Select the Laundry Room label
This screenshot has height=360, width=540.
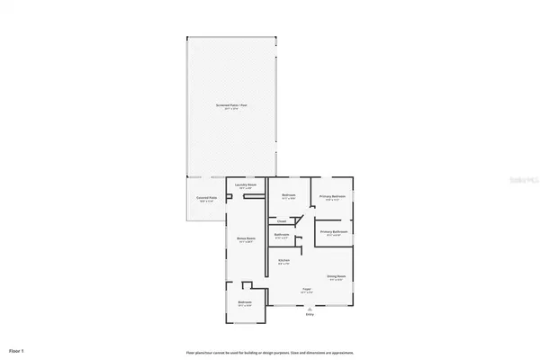247,184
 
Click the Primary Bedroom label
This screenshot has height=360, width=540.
333,195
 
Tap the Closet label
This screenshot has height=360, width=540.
282,220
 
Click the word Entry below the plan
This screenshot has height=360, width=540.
310,314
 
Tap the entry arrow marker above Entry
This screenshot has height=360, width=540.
310,308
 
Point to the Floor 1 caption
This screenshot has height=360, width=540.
16,349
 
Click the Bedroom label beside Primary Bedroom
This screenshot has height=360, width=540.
289,195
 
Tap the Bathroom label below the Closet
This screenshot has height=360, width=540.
282,236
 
